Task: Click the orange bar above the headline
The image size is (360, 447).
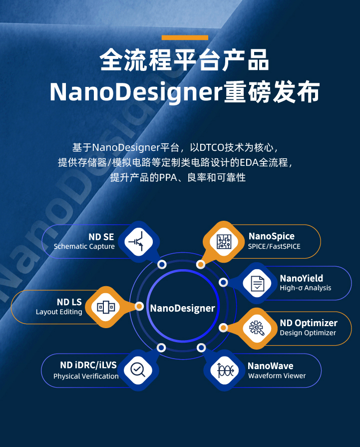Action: tap(185, 37)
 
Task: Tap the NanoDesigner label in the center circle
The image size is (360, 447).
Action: tap(182, 308)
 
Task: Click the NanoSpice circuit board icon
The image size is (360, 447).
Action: tap(224, 242)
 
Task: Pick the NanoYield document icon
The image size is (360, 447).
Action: tap(257, 284)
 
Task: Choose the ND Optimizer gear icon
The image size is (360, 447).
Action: tap(257, 328)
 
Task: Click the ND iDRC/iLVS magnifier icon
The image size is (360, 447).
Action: tap(137, 370)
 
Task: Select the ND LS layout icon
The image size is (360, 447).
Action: tap(106, 307)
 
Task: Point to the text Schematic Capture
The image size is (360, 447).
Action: tap(84, 246)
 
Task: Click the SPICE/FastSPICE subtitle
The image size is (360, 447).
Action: tap(274, 246)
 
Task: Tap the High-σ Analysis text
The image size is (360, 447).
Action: tap(305, 288)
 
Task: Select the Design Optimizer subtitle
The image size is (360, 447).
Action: tap(308, 333)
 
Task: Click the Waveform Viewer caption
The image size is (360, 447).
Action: tap(277, 376)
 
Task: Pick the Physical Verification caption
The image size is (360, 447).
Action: tap(86, 376)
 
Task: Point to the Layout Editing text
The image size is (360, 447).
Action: tap(59, 312)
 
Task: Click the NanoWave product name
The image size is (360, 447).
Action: tap(270, 366)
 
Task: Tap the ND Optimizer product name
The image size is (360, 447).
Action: tap(309, 323)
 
